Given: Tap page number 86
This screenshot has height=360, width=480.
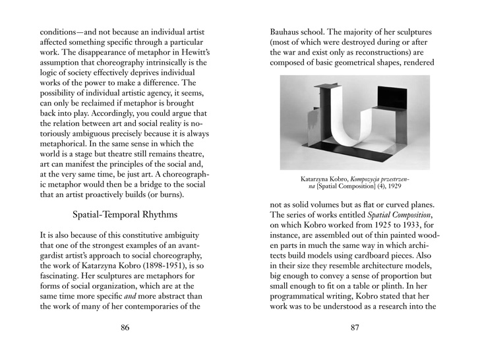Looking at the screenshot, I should click(125, 328).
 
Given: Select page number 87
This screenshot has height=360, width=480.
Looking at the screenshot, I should click(355, 328).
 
